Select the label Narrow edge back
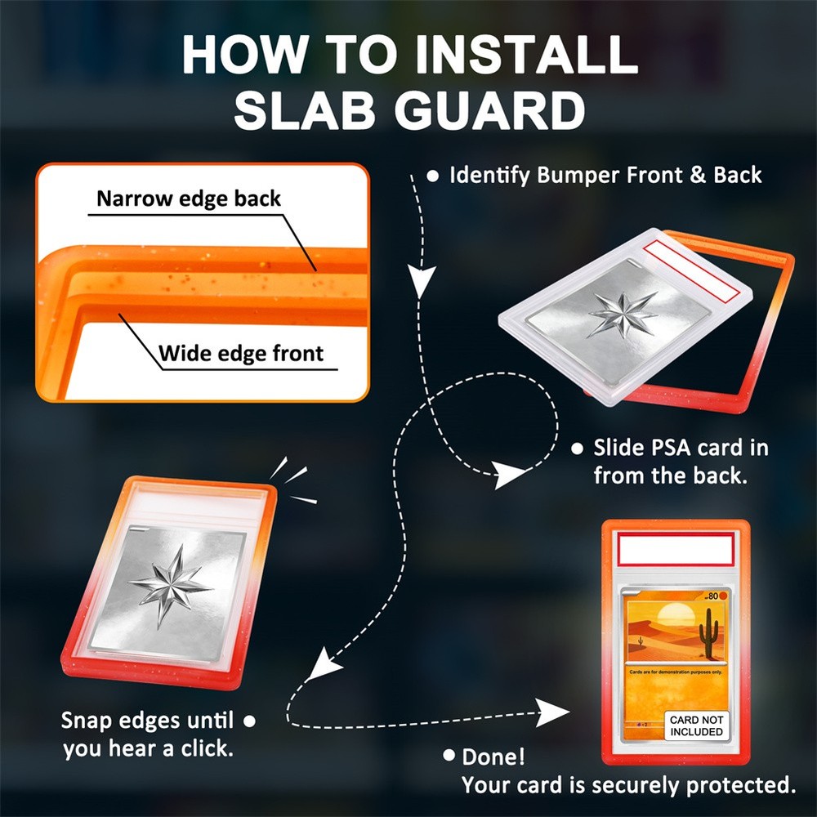click(189, 199)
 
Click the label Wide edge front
click(241, 354)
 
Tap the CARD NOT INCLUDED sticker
click(696, 725)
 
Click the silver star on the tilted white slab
click(623, 314)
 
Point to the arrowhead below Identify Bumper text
click(421, 283)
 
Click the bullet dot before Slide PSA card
click(577, 448)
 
